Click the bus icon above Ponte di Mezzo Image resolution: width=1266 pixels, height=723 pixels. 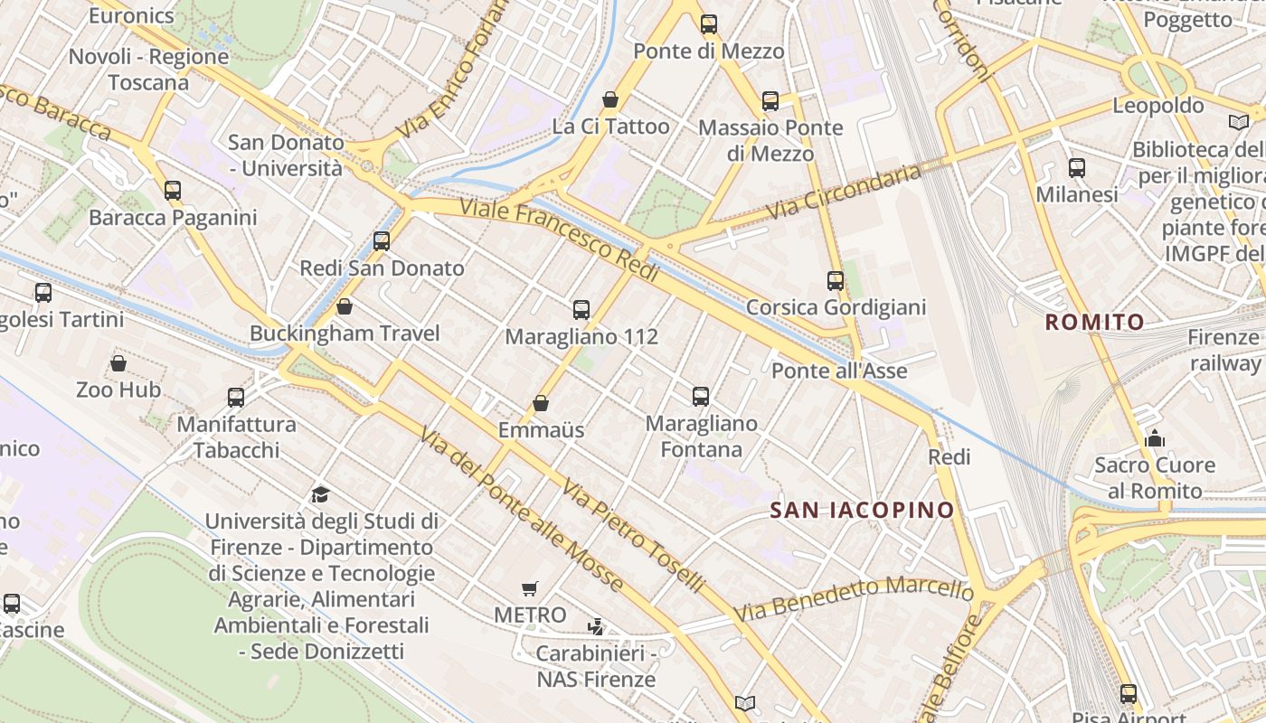click(709, 24)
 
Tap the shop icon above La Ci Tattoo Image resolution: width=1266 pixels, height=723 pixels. click(610, 99)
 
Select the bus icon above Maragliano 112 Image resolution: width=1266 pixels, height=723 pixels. click(581, 310)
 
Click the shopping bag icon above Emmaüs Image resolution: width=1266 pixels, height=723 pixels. click(541, 403)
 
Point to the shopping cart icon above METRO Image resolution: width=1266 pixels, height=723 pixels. click(530, 589)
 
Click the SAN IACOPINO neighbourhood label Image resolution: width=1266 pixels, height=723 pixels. click(862, 510)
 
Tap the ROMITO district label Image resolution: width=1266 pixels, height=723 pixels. click(1094, 322)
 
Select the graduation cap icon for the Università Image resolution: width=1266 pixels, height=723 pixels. click(320, 494)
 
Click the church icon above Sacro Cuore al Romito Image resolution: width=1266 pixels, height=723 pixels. click(1155, 439)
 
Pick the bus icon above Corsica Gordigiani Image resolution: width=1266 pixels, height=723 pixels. click(836, 281)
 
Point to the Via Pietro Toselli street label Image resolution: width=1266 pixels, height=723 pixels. click(632, 536)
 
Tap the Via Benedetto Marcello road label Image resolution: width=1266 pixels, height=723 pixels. click(854, 599)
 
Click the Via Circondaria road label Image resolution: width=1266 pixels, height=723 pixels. click(843, 192)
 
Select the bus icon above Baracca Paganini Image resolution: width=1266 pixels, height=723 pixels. click(173, 191)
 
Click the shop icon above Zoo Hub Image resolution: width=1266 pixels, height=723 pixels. click(118, 363)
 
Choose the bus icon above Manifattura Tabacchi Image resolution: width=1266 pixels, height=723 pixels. click(236, 397)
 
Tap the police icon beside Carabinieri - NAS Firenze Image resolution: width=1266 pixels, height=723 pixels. click(596, 626)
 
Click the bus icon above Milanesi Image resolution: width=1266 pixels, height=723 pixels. click(1077, 168)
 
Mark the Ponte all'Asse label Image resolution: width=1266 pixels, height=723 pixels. click(839, 371)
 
